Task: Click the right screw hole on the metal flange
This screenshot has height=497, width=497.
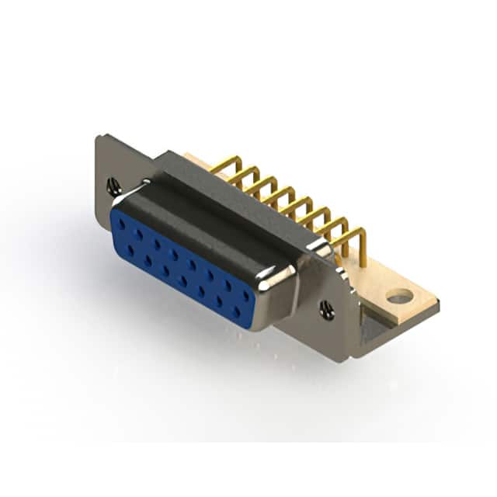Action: [x=327, y=310]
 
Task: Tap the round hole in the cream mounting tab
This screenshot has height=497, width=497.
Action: [x=399, y=296]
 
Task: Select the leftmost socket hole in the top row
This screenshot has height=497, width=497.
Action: [x=122, y=223]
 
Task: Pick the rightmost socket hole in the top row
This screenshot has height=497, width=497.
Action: [x=246, y=296]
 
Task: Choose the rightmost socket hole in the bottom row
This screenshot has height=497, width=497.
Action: [x=237, y=311]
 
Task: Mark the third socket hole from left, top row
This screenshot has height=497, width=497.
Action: [x=157, y=243]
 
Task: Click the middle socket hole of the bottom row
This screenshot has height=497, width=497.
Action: [x=183, y=281]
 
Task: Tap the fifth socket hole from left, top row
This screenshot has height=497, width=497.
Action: [x=193, y=264]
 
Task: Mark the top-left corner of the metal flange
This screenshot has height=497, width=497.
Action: [x=99, y=138]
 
